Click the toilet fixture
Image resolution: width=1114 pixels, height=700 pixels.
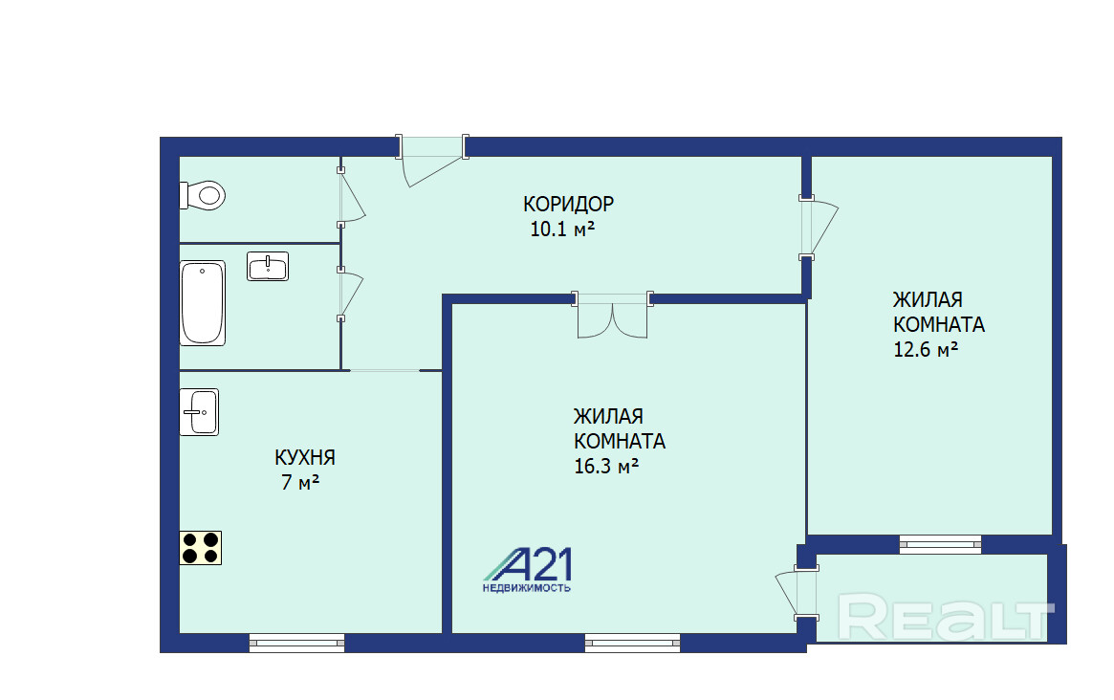(203, 195)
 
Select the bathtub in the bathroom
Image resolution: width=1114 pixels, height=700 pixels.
(203, 303)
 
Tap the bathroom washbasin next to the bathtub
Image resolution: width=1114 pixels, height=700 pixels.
(268, 267)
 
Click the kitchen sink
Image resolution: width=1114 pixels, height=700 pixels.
(199, 412)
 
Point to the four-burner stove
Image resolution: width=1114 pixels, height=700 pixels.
(201, 548)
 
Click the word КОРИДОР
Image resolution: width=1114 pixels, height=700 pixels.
(568, 204)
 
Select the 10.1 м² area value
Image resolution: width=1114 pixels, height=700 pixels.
(562, 229)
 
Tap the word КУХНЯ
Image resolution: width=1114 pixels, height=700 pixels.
(305, 457)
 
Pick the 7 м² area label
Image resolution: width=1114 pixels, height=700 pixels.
(300, 482)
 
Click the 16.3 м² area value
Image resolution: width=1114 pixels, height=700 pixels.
(606, 467)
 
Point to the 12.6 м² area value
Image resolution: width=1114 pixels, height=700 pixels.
(926, 350)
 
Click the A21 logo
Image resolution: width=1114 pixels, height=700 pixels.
(527, 570)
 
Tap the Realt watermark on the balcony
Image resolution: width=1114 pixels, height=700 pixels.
(945, 617)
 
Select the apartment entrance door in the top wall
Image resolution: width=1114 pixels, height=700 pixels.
(432, 160)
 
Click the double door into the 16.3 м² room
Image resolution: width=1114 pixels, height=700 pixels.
(612, 314)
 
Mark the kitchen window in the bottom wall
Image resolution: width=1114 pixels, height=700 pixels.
(297, 644)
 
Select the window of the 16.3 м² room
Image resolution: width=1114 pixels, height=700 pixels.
(632, 644)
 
